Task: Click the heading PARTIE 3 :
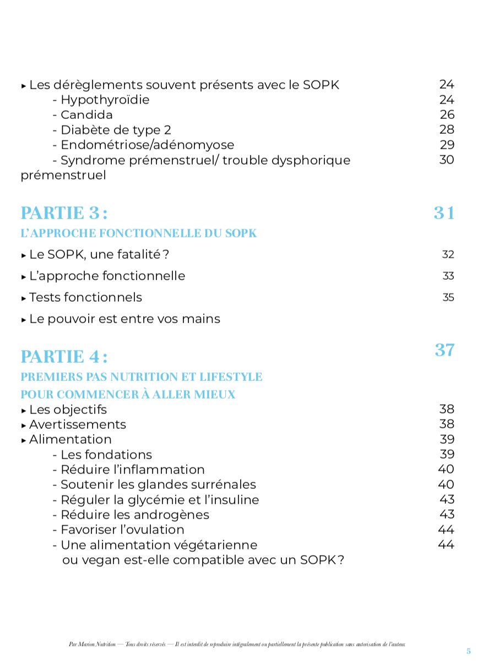tap(64, 213)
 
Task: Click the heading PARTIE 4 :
tap(64, 357)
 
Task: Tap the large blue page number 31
tap(444, 213)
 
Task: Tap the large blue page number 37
tap(444, 350)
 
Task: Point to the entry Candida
tap(86, 115)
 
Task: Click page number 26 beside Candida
tap(447, 115)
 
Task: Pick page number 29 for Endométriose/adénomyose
tap(447, 145)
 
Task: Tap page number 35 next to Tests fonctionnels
tap(448, 298)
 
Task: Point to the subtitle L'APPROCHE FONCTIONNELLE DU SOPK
tap(139, 233)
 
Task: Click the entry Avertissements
tap(78, 425)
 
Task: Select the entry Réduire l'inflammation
tap(132, 470)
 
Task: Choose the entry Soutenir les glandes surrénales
tap(158, 485)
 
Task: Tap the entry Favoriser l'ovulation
tap(122, 530)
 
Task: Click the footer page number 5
tap(469, 651)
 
